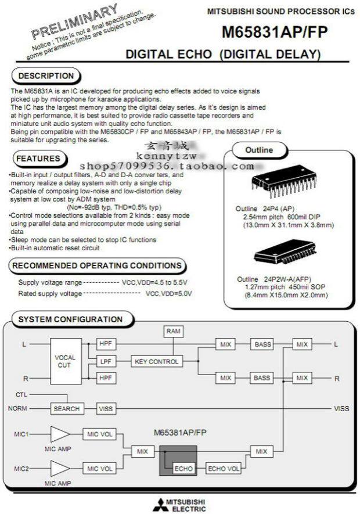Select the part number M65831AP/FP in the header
pos(274,33)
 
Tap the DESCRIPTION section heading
pos(46,76)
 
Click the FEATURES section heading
pos(38,158)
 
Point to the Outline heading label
pos(258,150)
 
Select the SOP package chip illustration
pos(281,250)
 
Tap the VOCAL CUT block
pos(65,361)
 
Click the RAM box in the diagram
pos(173,331)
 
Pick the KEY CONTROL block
pos(156,361)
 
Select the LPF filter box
pos(105,361)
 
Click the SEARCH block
pos(66,408)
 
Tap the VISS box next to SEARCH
pos(105,408)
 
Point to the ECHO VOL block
pos(224,468)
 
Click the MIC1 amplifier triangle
pos(59,434)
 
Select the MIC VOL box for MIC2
pos(99,468)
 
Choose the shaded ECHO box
pos(183,468)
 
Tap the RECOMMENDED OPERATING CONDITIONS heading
pos(97,265)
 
